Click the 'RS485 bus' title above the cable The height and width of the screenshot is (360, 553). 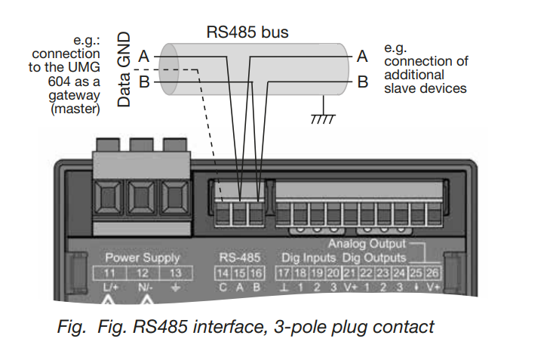pos(247,32)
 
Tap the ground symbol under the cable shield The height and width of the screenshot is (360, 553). pos(323,117)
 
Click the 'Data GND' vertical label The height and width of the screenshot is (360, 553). pos(125,69)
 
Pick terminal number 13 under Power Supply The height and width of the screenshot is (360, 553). pos(174,272)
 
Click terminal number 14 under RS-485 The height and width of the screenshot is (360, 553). pos(222,272)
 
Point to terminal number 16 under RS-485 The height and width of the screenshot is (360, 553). pos(257,272)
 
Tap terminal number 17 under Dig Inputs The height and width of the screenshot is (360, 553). pos(283,272)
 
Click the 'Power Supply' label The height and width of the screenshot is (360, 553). pos(143,258)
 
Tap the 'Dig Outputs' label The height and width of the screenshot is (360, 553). pos(374,258)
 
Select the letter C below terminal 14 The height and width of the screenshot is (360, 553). pos(222,287)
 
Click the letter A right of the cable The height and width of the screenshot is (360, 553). pos(362,56)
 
